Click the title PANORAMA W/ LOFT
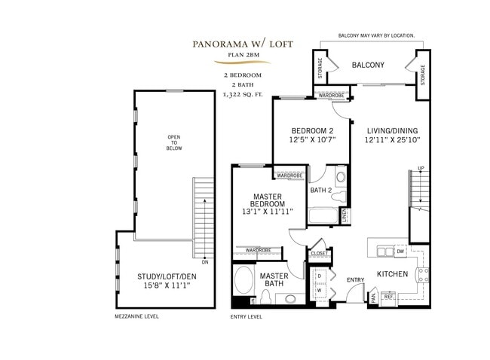coord(243,44)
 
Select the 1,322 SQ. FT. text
coord(243,96)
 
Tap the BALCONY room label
coord(368,66)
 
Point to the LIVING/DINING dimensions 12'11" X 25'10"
coord(392,139)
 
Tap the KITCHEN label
coord(392,275)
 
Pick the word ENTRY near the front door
coord(355,280)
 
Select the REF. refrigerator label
coord(389,297)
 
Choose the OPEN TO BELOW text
coord(174,142)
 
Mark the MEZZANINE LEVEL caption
coord(136,317)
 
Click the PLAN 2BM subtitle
coord(243,54)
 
